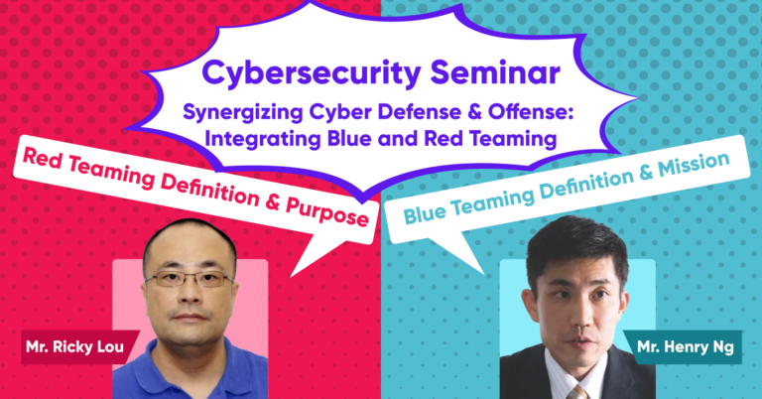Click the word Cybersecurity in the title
[310, 73]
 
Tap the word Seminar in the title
[495, 71]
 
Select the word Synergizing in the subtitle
[243, 113]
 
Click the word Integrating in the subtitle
[262, 140]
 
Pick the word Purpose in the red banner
[326, 212]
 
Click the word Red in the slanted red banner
[42, 160]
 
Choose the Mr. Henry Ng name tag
[685, 347]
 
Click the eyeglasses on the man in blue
[190, 279]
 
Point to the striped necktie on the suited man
[578, 392]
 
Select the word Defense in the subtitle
[419, 112]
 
